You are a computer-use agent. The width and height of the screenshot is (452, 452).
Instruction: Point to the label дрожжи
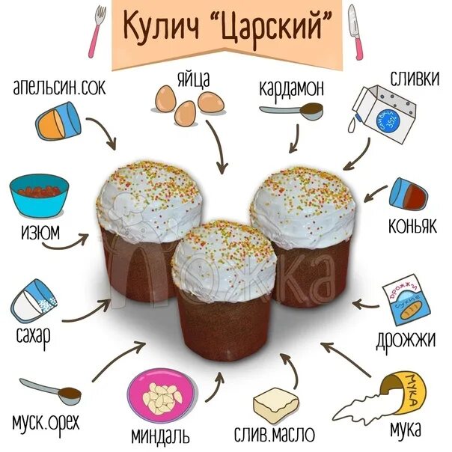[x=406, y=340]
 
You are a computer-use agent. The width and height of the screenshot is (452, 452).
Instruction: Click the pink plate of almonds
[x=161, y=399]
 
